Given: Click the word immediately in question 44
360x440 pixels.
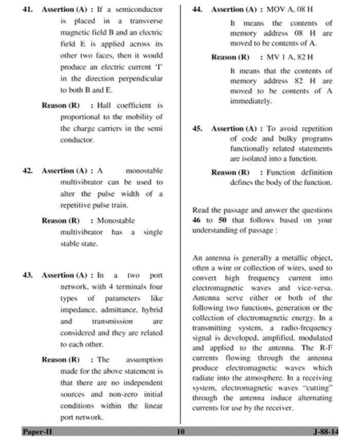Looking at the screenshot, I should tap(250, 101).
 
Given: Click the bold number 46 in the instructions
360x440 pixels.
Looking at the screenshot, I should tap(196, 221).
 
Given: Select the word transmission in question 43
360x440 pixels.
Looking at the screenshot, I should tap(112, 322).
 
